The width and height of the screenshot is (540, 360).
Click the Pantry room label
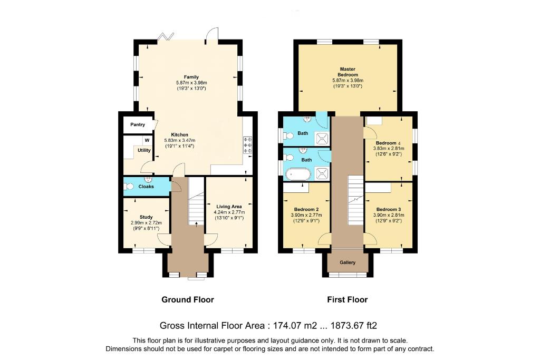point(138,124)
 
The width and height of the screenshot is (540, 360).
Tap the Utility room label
point(144,150)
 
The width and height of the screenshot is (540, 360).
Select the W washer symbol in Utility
point(147,140)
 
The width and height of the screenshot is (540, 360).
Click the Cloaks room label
point(146,187)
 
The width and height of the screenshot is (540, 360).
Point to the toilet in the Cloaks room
point(129,187)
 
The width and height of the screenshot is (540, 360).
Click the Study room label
point(146,217)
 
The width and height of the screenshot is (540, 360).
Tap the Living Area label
point(229,207)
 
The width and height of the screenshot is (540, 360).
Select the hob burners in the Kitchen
point(248,145)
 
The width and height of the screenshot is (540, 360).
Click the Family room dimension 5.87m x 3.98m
point(191,83)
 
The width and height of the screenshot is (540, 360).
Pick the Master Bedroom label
point(348,72)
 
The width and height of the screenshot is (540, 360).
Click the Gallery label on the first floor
point(348,262)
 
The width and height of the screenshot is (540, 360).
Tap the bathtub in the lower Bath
point(298,174)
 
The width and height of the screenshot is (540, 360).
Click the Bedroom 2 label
point(306,209)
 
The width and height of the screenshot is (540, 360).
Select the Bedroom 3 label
point(389,209)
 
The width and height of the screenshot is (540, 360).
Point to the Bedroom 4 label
point(388,143)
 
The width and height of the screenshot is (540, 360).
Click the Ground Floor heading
point(188,300)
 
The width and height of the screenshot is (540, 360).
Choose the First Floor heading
point(347,300)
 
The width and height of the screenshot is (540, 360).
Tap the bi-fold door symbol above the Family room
point(166,36)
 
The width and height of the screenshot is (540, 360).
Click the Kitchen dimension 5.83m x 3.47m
point(180,140)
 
